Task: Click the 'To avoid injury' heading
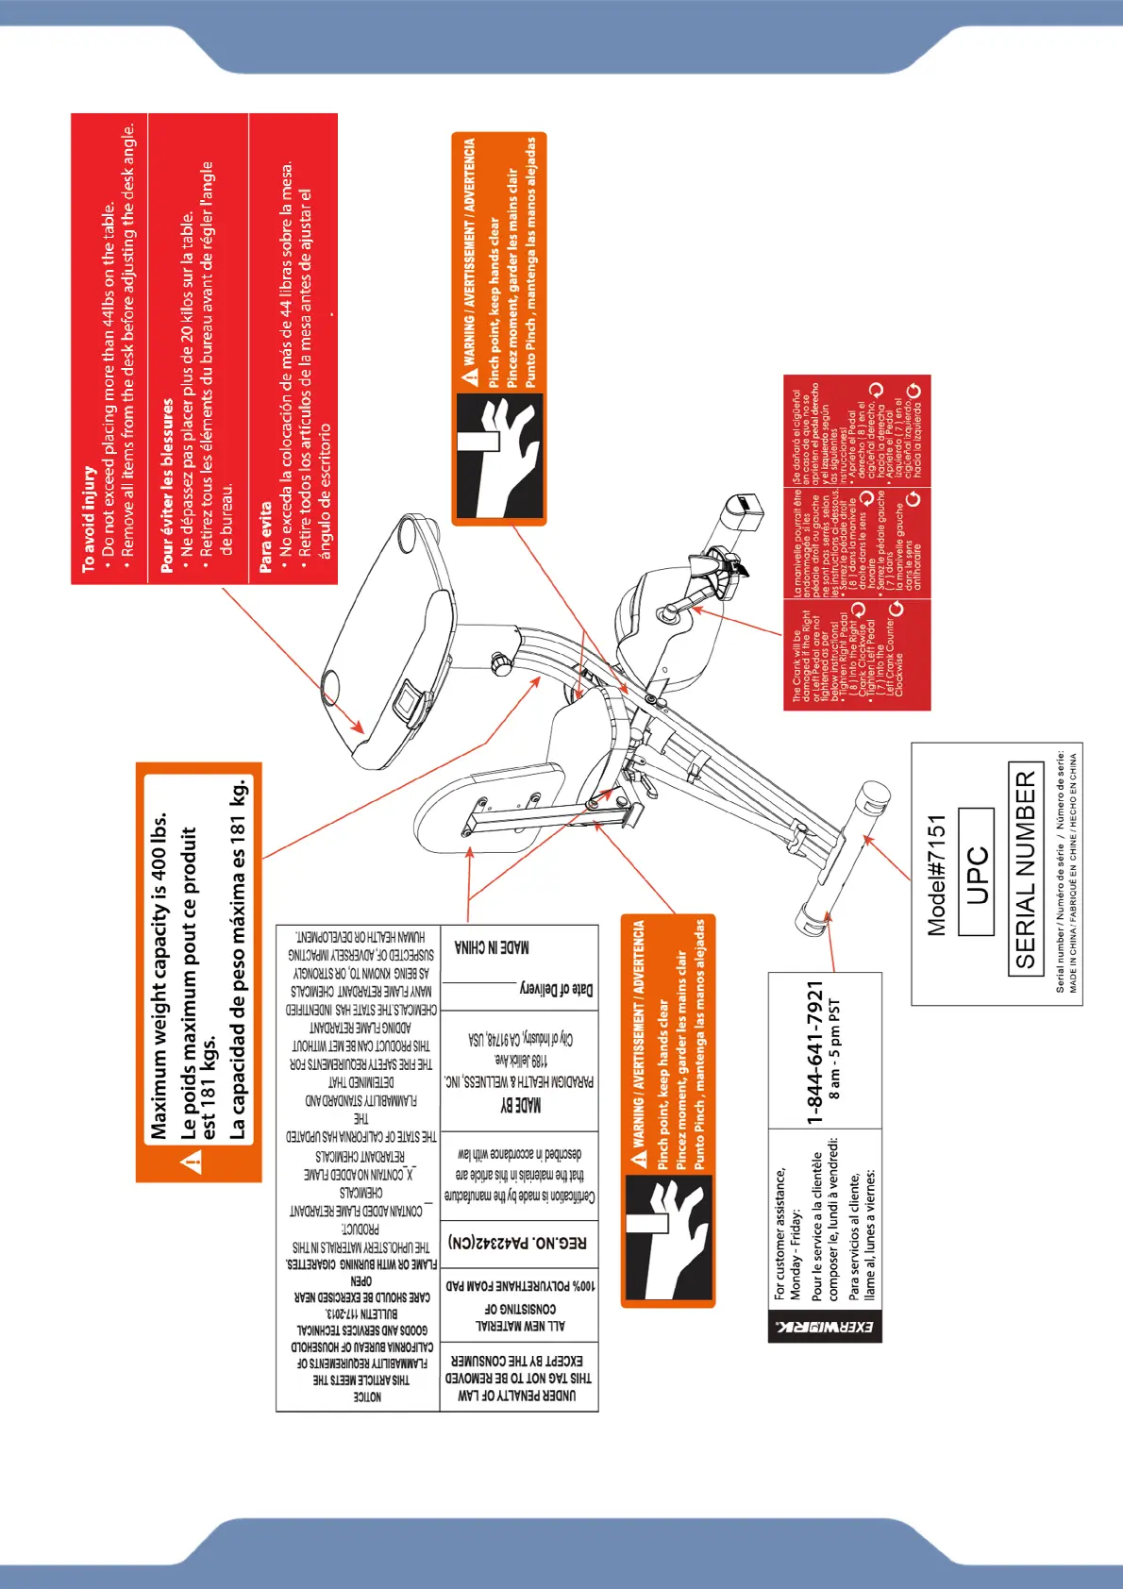[89, 518]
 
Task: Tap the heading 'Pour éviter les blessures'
[167, 485]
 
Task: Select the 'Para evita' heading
[265, 537]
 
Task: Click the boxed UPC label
[977, 872]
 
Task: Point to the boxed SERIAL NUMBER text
[1026, 869]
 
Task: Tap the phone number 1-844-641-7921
[815, 1051]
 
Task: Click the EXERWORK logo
[825, 1326]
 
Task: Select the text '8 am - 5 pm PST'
[834, 1049]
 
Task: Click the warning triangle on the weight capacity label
[193, 1162]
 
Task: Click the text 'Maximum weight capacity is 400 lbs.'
[159, 976]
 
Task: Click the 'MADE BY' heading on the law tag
[520, 1104]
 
